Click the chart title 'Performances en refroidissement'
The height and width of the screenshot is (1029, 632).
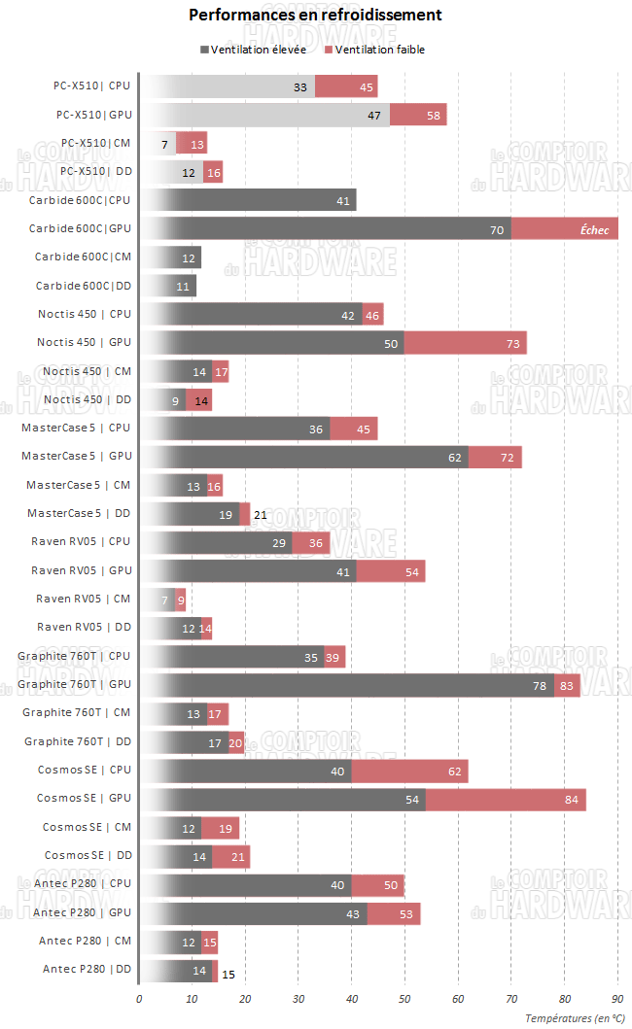click(315, 16)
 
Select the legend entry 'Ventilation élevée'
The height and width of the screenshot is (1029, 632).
click(259, 50)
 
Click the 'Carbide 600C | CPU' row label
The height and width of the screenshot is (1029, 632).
click(80, 200)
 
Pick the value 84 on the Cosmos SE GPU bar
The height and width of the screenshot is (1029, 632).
click(571, 799)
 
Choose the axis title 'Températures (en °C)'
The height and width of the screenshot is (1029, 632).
click(575, 1017)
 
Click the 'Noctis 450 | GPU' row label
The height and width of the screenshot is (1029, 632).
click(84, 343)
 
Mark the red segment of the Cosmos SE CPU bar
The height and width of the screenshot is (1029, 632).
click(409, 771)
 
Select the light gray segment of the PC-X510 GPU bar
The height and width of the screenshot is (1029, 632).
click(264, 115)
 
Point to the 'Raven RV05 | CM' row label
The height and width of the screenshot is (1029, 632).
click(83, 600)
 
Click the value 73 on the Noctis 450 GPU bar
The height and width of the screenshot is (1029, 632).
click(511, 343)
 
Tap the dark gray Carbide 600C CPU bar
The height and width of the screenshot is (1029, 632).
click(248, 200)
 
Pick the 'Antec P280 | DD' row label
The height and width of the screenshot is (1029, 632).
click(87, 969)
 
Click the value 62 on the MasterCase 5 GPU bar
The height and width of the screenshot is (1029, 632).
click(453, 457)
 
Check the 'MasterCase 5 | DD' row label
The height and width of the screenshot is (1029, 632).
click(78, 514)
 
